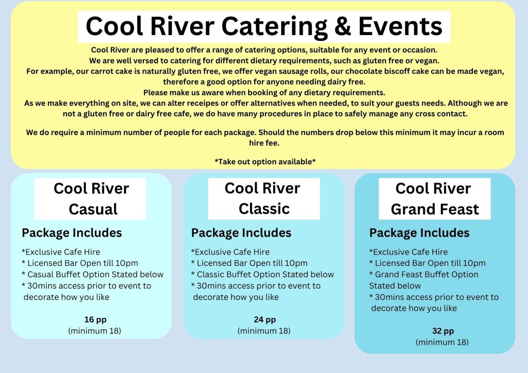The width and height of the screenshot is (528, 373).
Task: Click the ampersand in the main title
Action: coord(343,26)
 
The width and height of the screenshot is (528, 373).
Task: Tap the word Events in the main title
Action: coord(400,26)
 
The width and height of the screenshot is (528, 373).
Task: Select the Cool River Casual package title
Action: coord(91,198)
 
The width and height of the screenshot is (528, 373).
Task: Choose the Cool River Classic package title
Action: coord(262,198)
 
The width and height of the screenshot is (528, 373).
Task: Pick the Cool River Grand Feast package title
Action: coord(434,198)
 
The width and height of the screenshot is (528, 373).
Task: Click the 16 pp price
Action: coord(95,319)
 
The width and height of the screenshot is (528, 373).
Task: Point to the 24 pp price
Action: coord(265,319)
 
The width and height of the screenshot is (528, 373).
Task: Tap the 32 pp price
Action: coord(443,331)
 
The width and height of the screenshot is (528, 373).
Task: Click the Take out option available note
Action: coord(265,162)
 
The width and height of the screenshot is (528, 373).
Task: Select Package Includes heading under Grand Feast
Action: coord(419,233)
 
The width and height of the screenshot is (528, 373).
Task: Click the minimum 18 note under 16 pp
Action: coord(95,331)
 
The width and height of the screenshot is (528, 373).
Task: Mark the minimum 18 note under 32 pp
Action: coord(442,343)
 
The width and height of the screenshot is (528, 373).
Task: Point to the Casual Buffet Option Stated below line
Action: coord(93,275)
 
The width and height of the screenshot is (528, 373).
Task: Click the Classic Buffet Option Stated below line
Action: coord(262,275)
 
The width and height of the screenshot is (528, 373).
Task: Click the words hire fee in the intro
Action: coord(265,143)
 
